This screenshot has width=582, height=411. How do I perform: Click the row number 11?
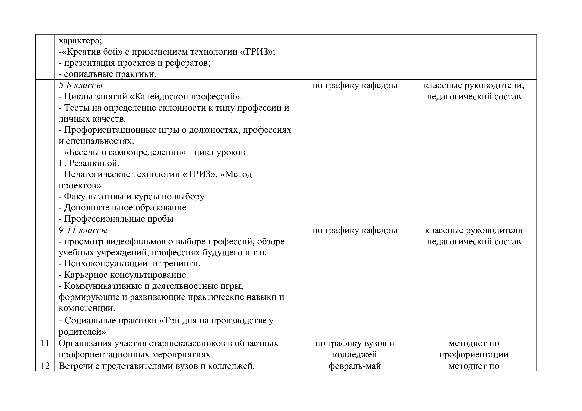point(45,343)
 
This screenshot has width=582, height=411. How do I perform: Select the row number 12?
point(45,366)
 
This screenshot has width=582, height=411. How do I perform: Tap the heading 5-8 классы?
point(81,85)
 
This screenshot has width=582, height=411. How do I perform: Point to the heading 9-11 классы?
point(83,230)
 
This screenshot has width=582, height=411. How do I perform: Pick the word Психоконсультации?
point(106,264)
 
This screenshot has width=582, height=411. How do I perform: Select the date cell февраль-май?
point(355,366)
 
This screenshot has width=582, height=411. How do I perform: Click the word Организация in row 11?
point(85,343)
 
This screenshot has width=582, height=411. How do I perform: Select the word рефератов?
point(188,63)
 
